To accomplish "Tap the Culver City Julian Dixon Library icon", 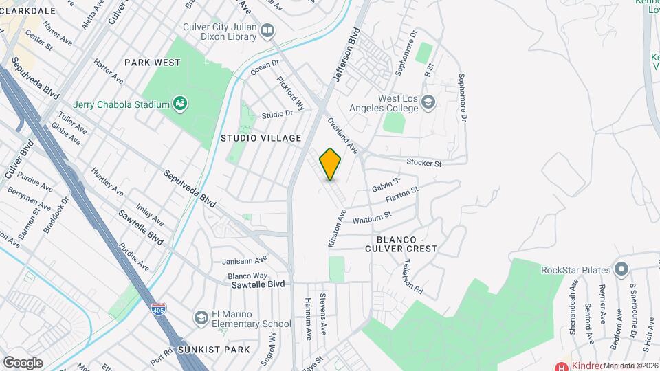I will tap(267, 31).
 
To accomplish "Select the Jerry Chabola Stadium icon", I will tap(181, 104).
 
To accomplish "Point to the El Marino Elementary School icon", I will tap(201, 318).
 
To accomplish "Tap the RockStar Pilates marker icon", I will tap(621, 268).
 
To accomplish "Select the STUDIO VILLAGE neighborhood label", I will tap(261, 138).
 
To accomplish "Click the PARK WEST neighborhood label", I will tap(153, 63).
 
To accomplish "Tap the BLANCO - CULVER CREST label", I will tap(401, 243).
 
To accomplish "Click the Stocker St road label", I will tap(423, 163).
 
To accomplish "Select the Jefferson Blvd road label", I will tap(346, 55).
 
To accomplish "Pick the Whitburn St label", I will tap(371, 218).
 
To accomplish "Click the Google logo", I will tap(23, 362).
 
